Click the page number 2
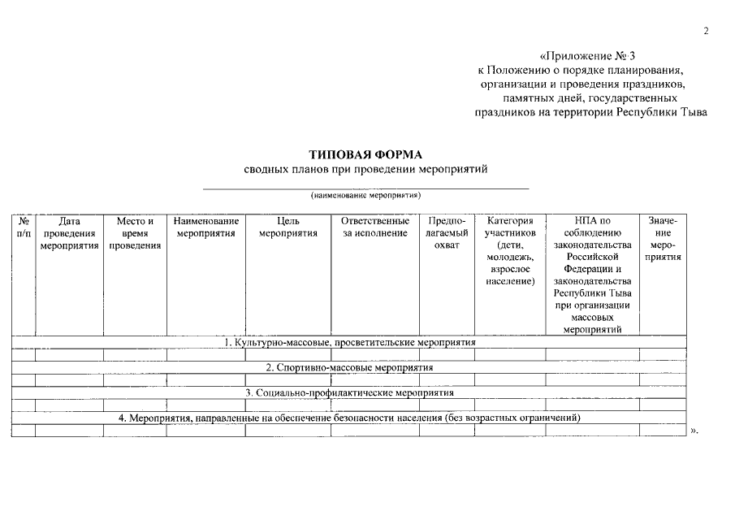click(706, 31)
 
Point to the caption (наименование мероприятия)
click(365, 196)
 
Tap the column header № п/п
click(24, 227)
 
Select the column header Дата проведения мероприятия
click(70, 233)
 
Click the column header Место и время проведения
click(135, 233)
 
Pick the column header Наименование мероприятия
click(205, 227)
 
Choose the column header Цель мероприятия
click(288, 227)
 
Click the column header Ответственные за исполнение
click(374, 227)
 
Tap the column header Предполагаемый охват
click(447, 233)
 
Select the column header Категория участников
click(510, 252)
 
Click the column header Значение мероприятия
click(663, 239)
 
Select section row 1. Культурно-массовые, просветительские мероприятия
click(349, 343)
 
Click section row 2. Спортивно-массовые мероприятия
click(349, 367)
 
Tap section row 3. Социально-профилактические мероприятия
click(349, 392)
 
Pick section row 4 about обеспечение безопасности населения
click(349, 418)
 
